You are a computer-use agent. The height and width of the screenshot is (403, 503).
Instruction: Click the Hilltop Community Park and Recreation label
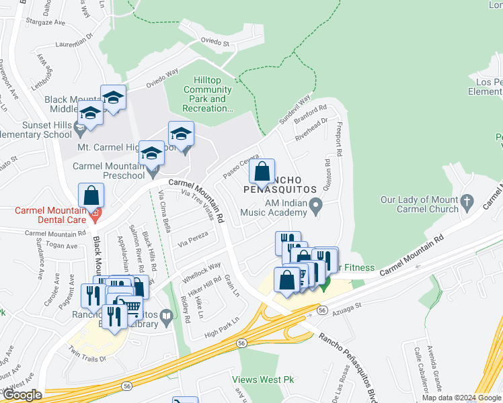pos(208,94)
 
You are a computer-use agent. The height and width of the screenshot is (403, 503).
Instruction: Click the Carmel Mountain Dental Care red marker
pos(95,215)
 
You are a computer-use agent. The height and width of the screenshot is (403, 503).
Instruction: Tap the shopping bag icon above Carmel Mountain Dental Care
pos(91,195)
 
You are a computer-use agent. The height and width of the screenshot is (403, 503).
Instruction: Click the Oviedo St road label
pos(217,42)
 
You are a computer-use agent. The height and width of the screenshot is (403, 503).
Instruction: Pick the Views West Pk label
pos(264,379)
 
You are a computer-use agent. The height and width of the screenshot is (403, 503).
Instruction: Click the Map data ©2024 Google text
pos(461,398)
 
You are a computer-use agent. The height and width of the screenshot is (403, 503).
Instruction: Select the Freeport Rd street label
pos(339,141)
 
